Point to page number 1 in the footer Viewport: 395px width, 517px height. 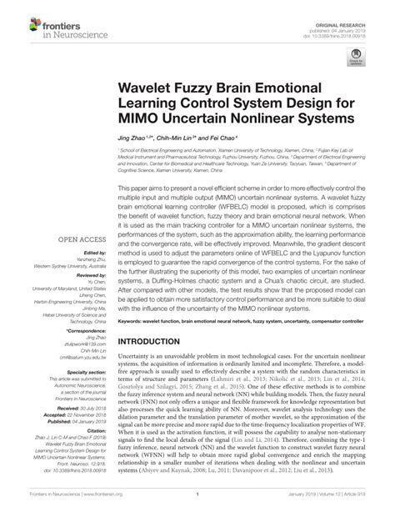197,504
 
